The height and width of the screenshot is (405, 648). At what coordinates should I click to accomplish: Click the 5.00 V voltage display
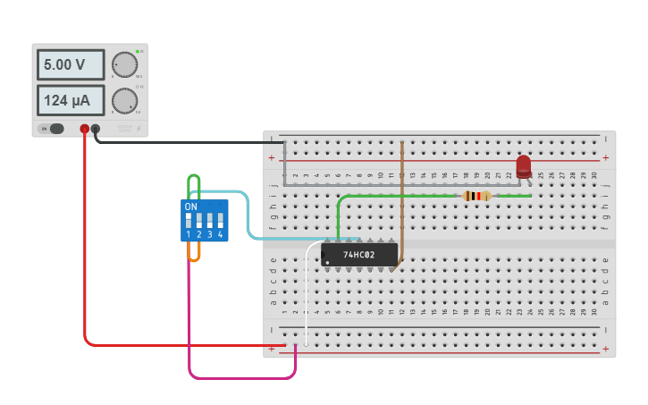(70, 65)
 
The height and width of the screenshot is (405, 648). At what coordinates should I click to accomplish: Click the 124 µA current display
(70, 101)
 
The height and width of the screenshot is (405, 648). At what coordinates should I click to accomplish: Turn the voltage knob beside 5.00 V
(124, 65)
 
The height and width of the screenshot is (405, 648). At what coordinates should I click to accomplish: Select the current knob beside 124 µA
(124, 100)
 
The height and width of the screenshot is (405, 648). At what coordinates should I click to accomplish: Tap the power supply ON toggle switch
(55, 129)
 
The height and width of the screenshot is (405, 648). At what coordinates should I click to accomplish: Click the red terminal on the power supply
(85, 129)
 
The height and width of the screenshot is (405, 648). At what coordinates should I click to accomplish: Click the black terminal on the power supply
(96, 129)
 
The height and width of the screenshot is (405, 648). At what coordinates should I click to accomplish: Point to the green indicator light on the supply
(138, 51)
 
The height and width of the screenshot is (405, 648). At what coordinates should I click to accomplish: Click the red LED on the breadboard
(524, 166)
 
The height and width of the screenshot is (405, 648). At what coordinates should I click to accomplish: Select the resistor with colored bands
(476, 196)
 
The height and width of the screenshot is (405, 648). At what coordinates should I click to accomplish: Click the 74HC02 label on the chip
(358, 255)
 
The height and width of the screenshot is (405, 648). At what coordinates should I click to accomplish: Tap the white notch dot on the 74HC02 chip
(327, 262)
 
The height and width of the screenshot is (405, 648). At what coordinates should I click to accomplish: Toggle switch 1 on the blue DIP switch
(189, 219)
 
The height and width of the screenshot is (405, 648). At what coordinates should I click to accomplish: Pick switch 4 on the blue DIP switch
(220, 219)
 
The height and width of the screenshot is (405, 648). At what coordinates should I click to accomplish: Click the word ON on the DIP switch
(190, 207)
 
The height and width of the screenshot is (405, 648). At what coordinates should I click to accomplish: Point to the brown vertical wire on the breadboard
(402, 197)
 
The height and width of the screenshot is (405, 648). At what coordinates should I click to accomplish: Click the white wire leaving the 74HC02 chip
(307, 295)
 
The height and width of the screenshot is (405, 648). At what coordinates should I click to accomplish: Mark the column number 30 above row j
(594, 174)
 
